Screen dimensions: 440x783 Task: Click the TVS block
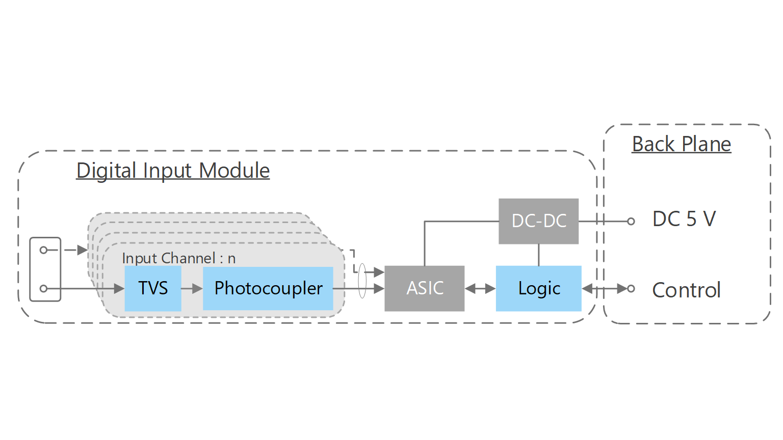click(153, 288)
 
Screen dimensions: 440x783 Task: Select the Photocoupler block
click(268, 288)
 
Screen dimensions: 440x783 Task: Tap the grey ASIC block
click(424, 288)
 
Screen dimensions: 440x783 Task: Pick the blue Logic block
click(538, 288)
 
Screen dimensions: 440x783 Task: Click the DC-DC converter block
click(538, 221)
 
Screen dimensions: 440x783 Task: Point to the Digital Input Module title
click(173, 171)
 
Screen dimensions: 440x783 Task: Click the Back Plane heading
click(682, 144)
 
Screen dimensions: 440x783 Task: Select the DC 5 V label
click(684, 219)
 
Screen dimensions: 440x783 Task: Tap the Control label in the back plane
click(686, 290)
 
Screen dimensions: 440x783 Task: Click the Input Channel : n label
click(178, 258)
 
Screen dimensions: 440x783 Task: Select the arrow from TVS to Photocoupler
click(192, 289)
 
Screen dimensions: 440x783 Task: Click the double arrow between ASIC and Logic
click(480, 289)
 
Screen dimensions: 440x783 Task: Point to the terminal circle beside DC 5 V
click(631, 222)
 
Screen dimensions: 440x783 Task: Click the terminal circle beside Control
click(631, 289)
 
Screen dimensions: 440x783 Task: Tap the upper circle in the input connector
click(43, 250)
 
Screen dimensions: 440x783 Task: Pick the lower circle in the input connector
click(43, 289)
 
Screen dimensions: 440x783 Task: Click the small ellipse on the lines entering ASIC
click(362, 281)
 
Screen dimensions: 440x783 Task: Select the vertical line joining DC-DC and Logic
click(539, 255)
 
